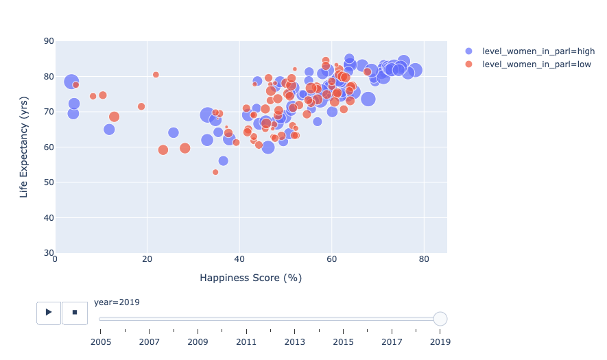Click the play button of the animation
(x=49, y=312)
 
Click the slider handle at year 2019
(x=440, y=319)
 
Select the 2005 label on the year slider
(x=101, y=341)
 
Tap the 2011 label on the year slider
(x=246, y=341)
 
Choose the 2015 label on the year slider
(x=343, y=341)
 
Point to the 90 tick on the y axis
(x=49, y=41)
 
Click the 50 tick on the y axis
(x=49, y=182)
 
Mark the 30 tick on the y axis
(x=49, y=253)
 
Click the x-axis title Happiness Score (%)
(x=250, y=278)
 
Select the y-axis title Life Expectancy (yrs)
(x=24, y=147)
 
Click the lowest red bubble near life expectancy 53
(x=215, y=172)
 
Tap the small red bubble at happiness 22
(x=156, y=75)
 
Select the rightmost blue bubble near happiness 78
(x=415, y=70)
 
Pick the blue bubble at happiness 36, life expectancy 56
(x=223, y=161)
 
